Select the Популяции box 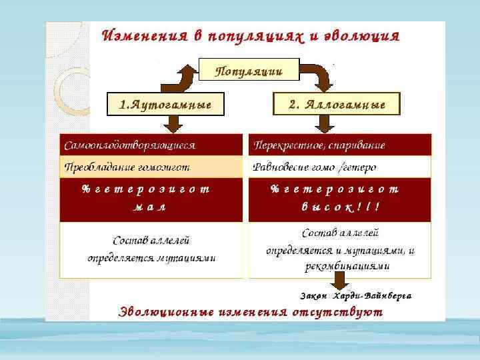tap(249, 69)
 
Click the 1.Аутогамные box tap(165, 104)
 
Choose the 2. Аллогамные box tap(337, 104)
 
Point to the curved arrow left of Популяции tap(181, 76)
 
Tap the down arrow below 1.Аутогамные tap(173, 123)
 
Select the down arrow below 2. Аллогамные tap(325, 123)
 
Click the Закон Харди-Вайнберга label tap(355, 295)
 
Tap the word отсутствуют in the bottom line tap(337, 311)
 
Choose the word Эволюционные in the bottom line tap(165, 311)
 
